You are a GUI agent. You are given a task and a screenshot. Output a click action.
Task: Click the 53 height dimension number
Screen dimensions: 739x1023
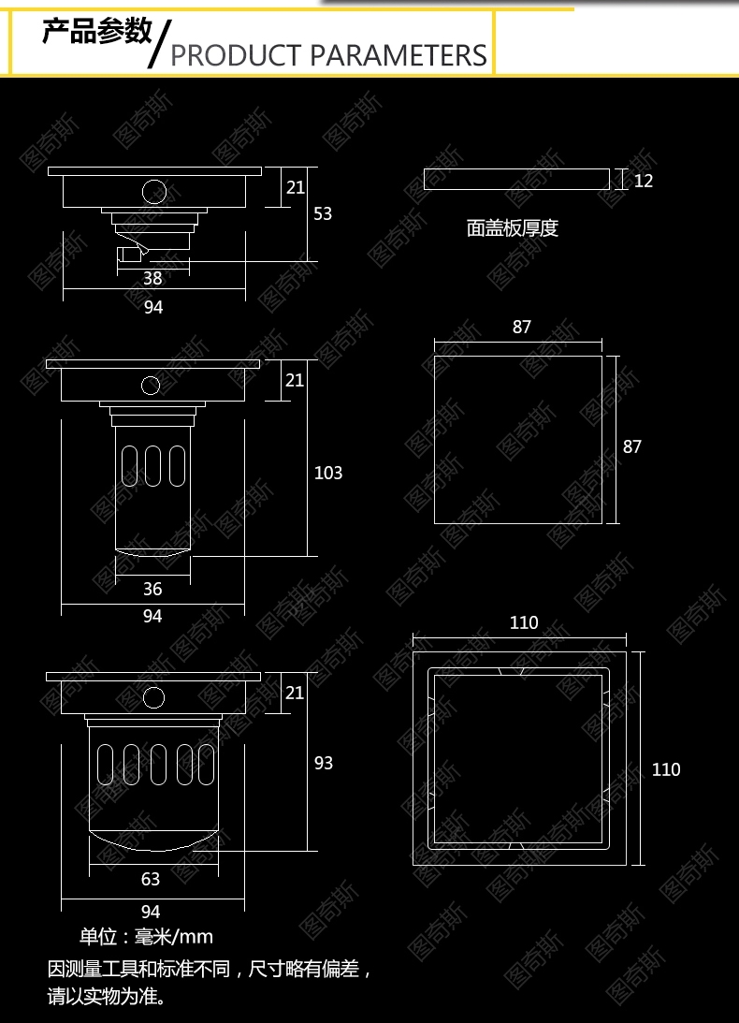323,213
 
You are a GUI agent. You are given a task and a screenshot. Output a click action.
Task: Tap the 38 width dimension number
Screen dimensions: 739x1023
152,278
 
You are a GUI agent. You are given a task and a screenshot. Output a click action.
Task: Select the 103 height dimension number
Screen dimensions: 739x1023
328,473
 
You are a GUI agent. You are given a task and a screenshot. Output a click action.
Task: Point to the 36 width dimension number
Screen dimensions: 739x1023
152,589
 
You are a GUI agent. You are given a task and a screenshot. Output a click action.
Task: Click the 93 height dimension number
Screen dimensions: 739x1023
324,763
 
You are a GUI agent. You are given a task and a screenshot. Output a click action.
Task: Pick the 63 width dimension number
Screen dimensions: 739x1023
151,879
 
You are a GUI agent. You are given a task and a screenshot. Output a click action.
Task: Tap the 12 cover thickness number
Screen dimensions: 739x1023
644,181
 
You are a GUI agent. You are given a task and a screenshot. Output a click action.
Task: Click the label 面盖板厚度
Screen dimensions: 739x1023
513,227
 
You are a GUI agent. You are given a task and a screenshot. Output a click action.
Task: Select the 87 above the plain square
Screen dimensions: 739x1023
522,327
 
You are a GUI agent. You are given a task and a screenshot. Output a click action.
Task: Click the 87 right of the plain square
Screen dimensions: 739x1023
632,446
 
